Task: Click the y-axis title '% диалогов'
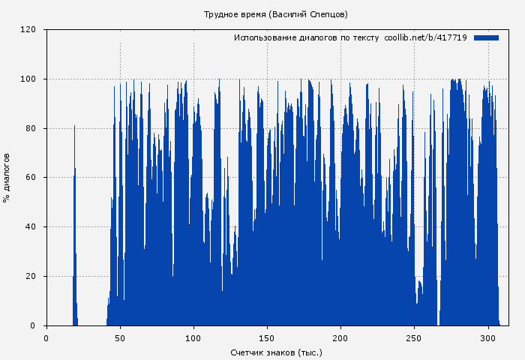(x=7, y=178)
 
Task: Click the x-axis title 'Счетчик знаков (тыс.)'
(x=276, y=352)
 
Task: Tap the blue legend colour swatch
(x=486, y=37)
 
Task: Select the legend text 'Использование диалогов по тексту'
(x=306, y=37)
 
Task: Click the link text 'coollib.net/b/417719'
(x=425, y=37)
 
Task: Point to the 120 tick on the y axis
(x=28, y=30)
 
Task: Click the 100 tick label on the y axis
(x=28, y=79)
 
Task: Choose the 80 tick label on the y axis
(x=31, y=128)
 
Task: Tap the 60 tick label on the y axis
(x=31, y=178)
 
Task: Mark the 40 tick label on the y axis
(x=31, y=227)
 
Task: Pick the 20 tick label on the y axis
(x=31, y=277)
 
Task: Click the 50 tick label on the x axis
(x=120, y=337)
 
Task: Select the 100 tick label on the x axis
(x=193, y=337)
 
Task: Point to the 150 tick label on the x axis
(x=268, y=337)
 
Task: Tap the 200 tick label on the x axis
(x=341, y=337)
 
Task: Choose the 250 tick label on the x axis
(x=415, y=337)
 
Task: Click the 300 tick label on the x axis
(x=489, y=337)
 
